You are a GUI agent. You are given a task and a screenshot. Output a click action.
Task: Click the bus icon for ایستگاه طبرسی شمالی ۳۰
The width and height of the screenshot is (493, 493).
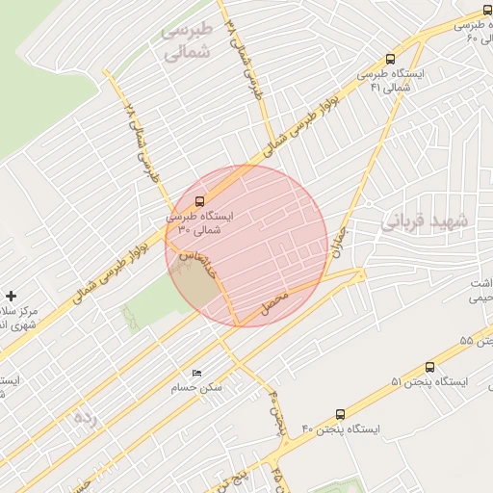tap(199, 202)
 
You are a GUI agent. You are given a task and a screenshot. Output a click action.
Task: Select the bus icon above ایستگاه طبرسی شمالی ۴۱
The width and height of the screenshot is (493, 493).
tap(389, 59)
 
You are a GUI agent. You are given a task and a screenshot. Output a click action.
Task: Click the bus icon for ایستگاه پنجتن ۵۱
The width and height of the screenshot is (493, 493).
tap(429, 367)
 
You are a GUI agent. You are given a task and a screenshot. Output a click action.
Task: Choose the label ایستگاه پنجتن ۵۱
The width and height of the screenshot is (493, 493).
tap(429, 382)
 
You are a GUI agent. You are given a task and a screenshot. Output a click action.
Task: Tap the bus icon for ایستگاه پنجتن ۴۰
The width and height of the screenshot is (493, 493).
tap(340, 413)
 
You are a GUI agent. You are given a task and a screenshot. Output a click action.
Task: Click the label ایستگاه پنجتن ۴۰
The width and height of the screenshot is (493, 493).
tap(340, 428)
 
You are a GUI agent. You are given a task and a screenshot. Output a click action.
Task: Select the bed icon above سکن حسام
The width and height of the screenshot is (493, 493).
tap(197, 373)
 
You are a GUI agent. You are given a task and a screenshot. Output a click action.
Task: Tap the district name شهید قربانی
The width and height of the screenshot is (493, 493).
tap(424, 221)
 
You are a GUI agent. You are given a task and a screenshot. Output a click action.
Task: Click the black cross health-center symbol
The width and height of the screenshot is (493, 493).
tap(11, 295)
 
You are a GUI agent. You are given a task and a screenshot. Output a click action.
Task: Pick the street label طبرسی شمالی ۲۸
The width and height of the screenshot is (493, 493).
tap(139, 144)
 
